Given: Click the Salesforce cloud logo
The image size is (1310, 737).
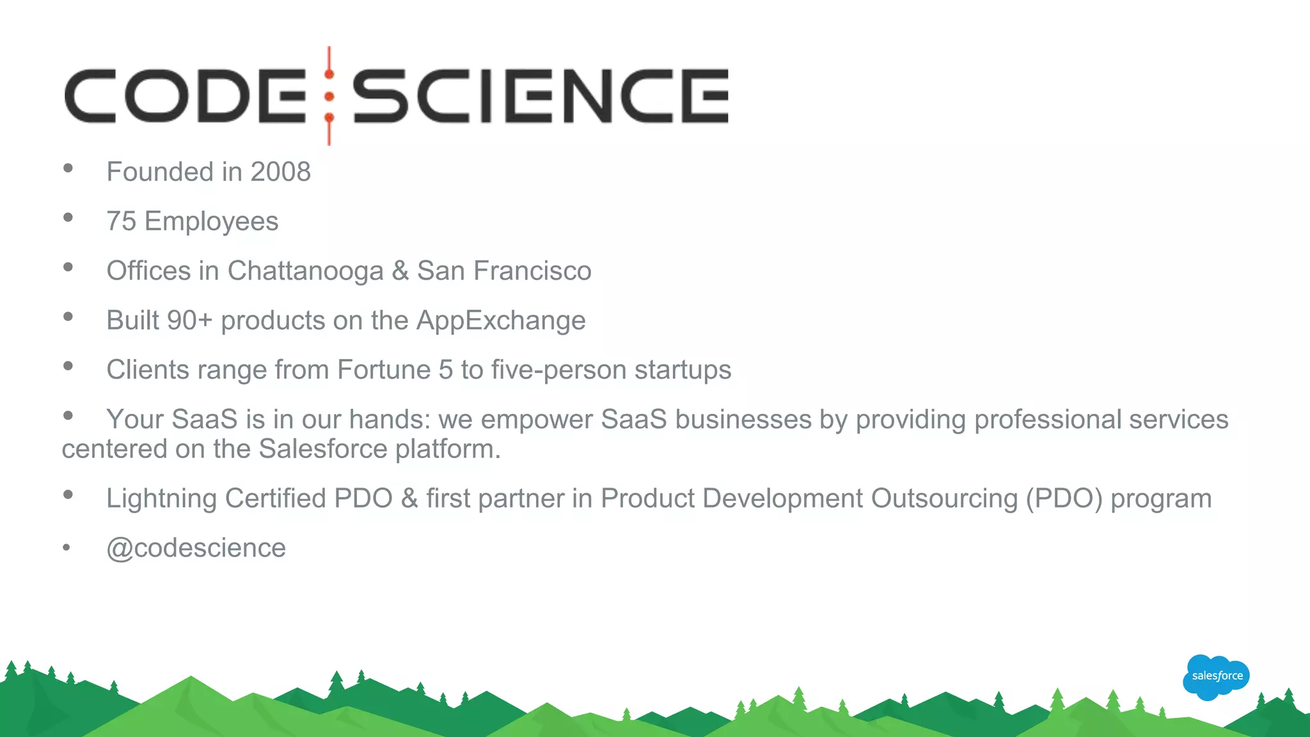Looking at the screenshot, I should coord(1216,676).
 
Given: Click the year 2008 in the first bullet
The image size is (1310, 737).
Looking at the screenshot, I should coord(280,172).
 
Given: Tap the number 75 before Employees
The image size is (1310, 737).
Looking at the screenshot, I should coord(122,221).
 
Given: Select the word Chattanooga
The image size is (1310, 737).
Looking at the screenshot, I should coord(305,271).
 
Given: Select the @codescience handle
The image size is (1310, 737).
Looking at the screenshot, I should coord(196,548).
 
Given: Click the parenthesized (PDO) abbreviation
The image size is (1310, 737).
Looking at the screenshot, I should coord(1064,499).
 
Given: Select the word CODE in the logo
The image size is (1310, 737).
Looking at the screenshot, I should coord(185,96).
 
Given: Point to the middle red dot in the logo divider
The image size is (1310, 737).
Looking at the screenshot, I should coord(329,97).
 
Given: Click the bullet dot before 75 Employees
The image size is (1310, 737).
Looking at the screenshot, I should coord(68,218).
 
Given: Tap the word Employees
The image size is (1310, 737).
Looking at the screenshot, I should coord(212,222).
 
